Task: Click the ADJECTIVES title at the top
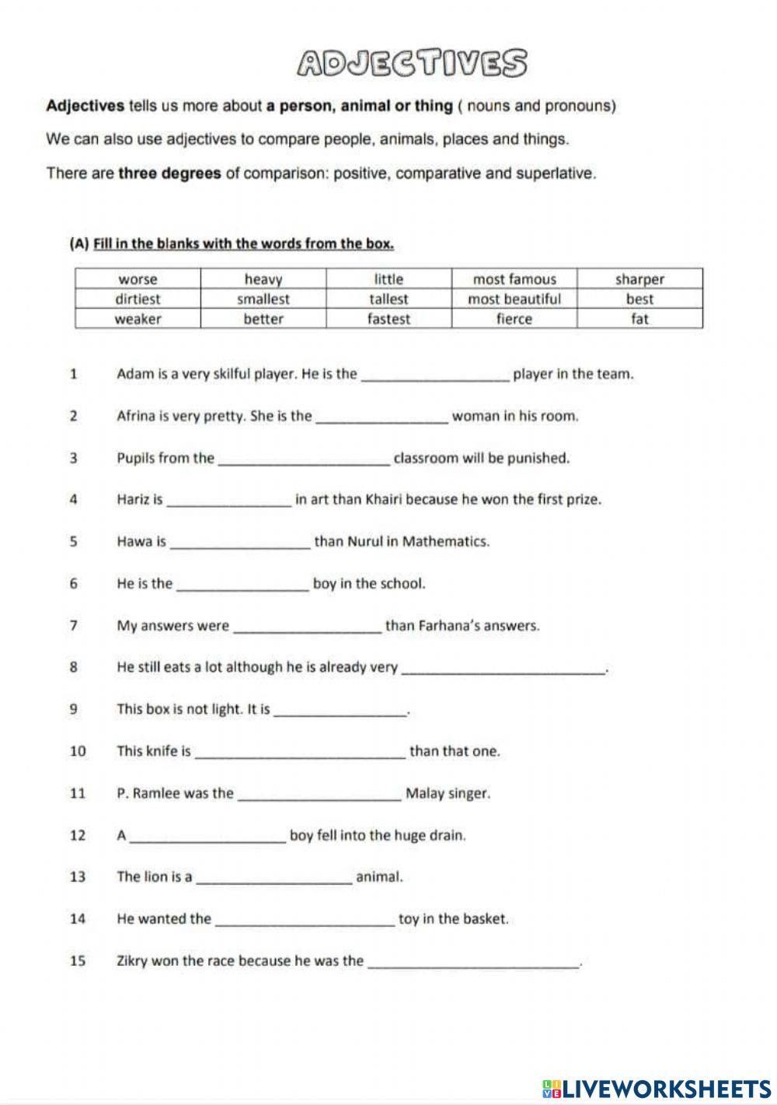(413, 63)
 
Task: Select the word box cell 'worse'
(138, 279)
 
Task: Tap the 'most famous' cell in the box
(514, 279)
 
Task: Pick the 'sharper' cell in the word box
(639, 279)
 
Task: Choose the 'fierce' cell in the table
(514, 319)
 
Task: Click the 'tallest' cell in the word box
(388, 299)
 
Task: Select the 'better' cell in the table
(263, 319)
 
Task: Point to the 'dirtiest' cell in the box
(138, 299)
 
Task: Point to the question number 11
(77, 793)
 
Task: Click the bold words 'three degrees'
(169, 173)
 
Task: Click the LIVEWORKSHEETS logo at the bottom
(657, 1086)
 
